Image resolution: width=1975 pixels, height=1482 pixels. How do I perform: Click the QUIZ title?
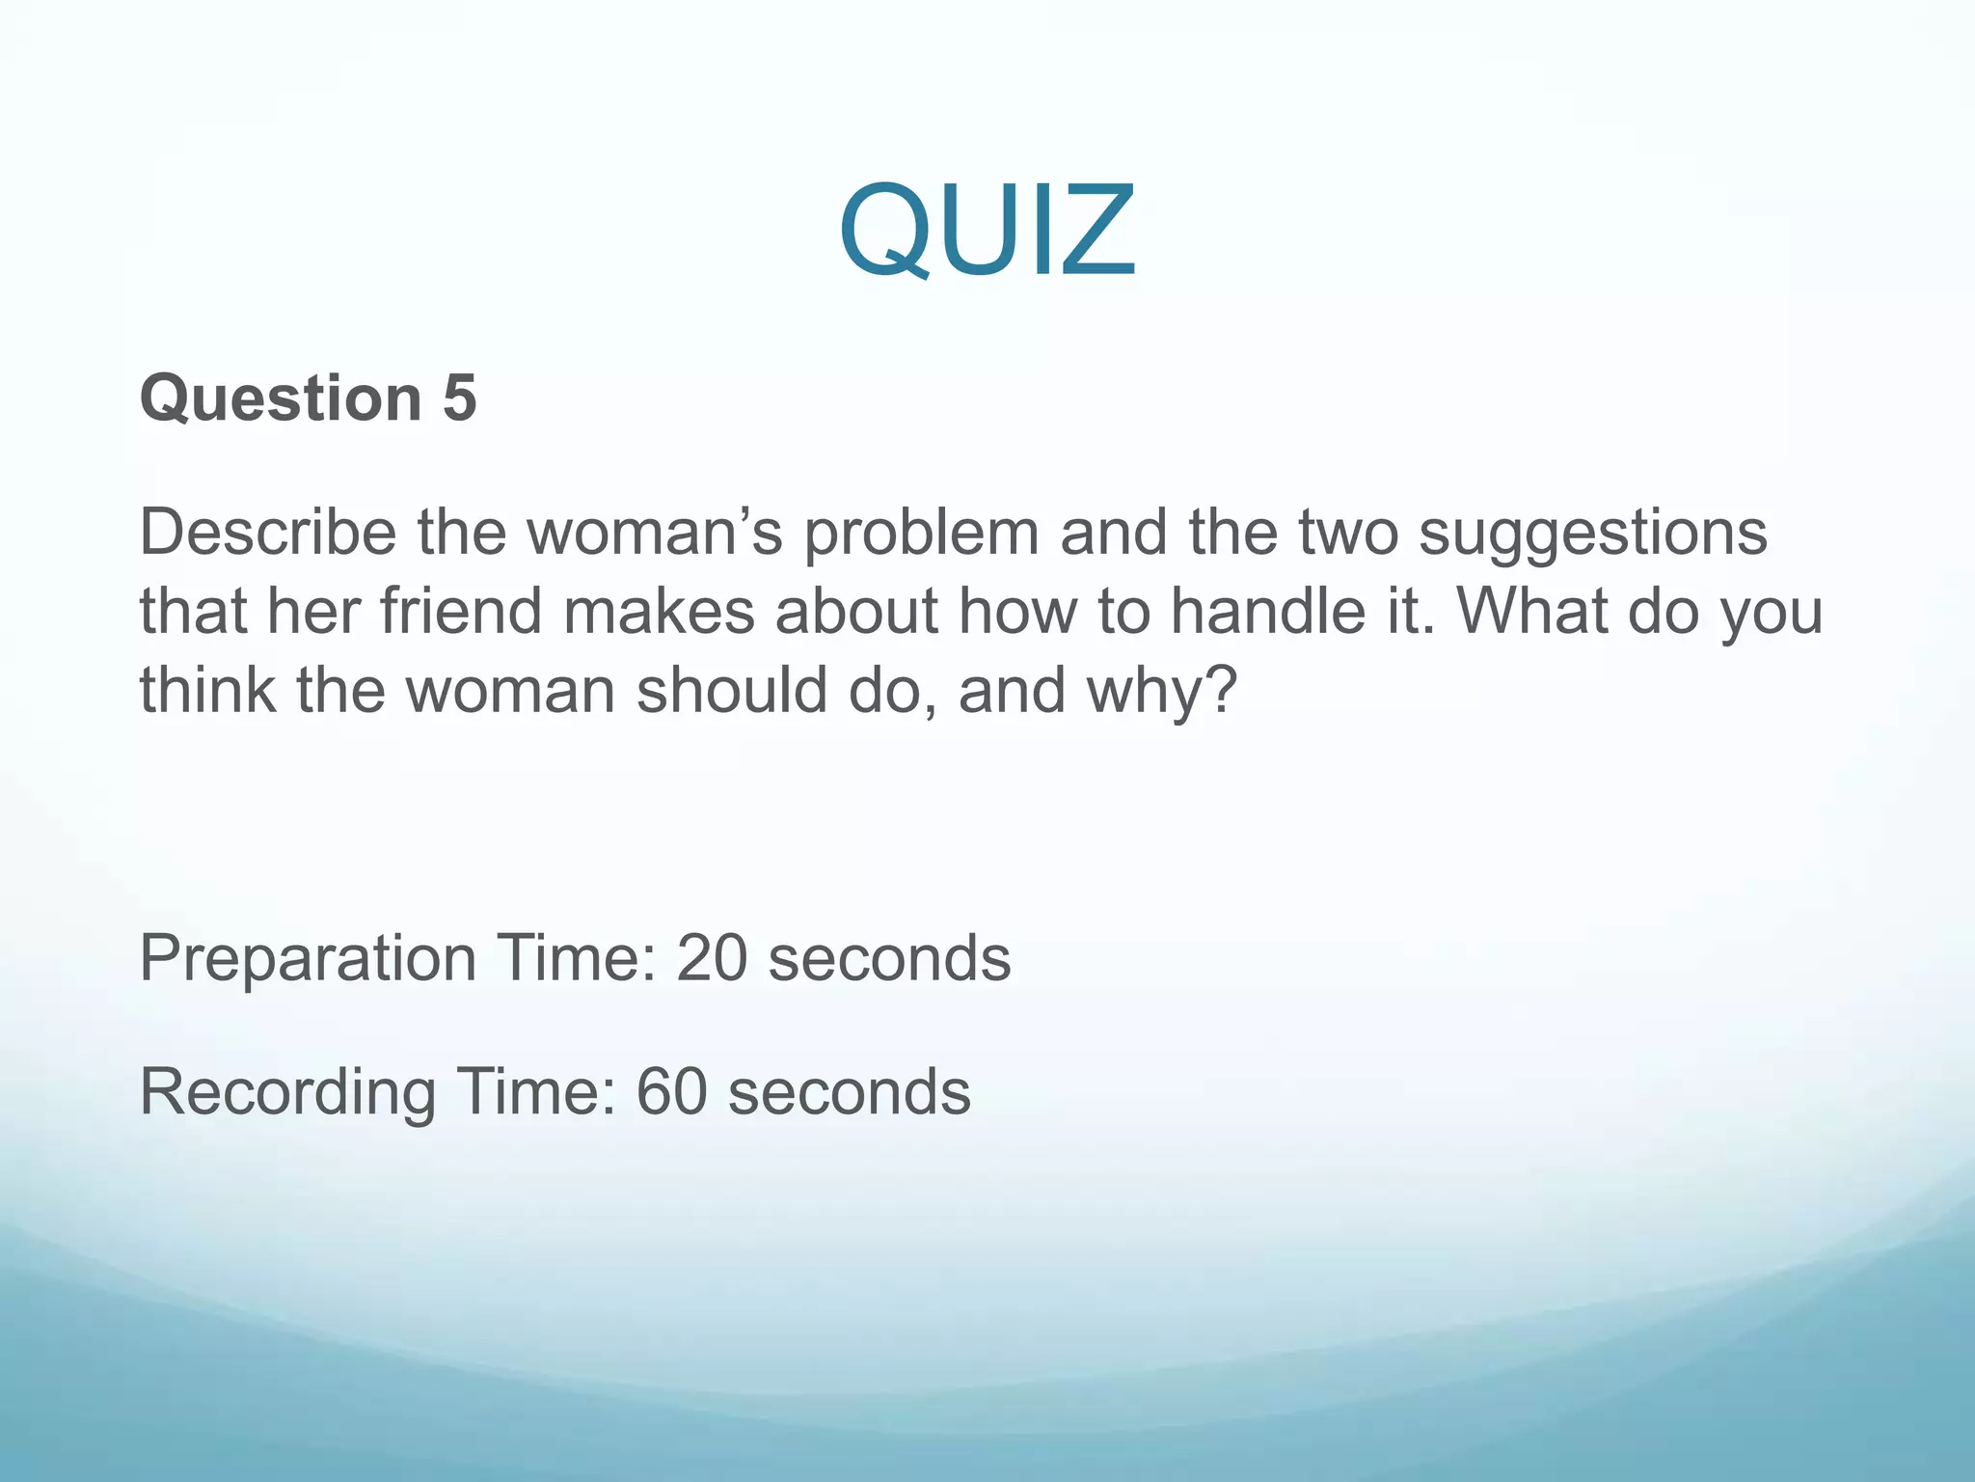click(x=987, y=232)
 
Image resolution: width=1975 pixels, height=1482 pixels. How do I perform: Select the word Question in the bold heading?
click(x=281, y=398)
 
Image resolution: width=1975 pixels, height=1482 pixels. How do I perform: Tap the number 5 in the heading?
click(x=460, y=398)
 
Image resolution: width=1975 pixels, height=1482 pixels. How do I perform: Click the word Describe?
click(x=267, y=533)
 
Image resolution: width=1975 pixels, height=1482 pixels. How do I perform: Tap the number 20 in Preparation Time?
click(x=712, y=959)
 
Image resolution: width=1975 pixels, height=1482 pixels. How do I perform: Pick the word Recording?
click(x=287, y=1094)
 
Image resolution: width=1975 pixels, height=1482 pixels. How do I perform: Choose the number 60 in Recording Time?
click(x=671, y=1092)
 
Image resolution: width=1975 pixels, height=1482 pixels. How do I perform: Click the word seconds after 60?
click(x=849, y=1092)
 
